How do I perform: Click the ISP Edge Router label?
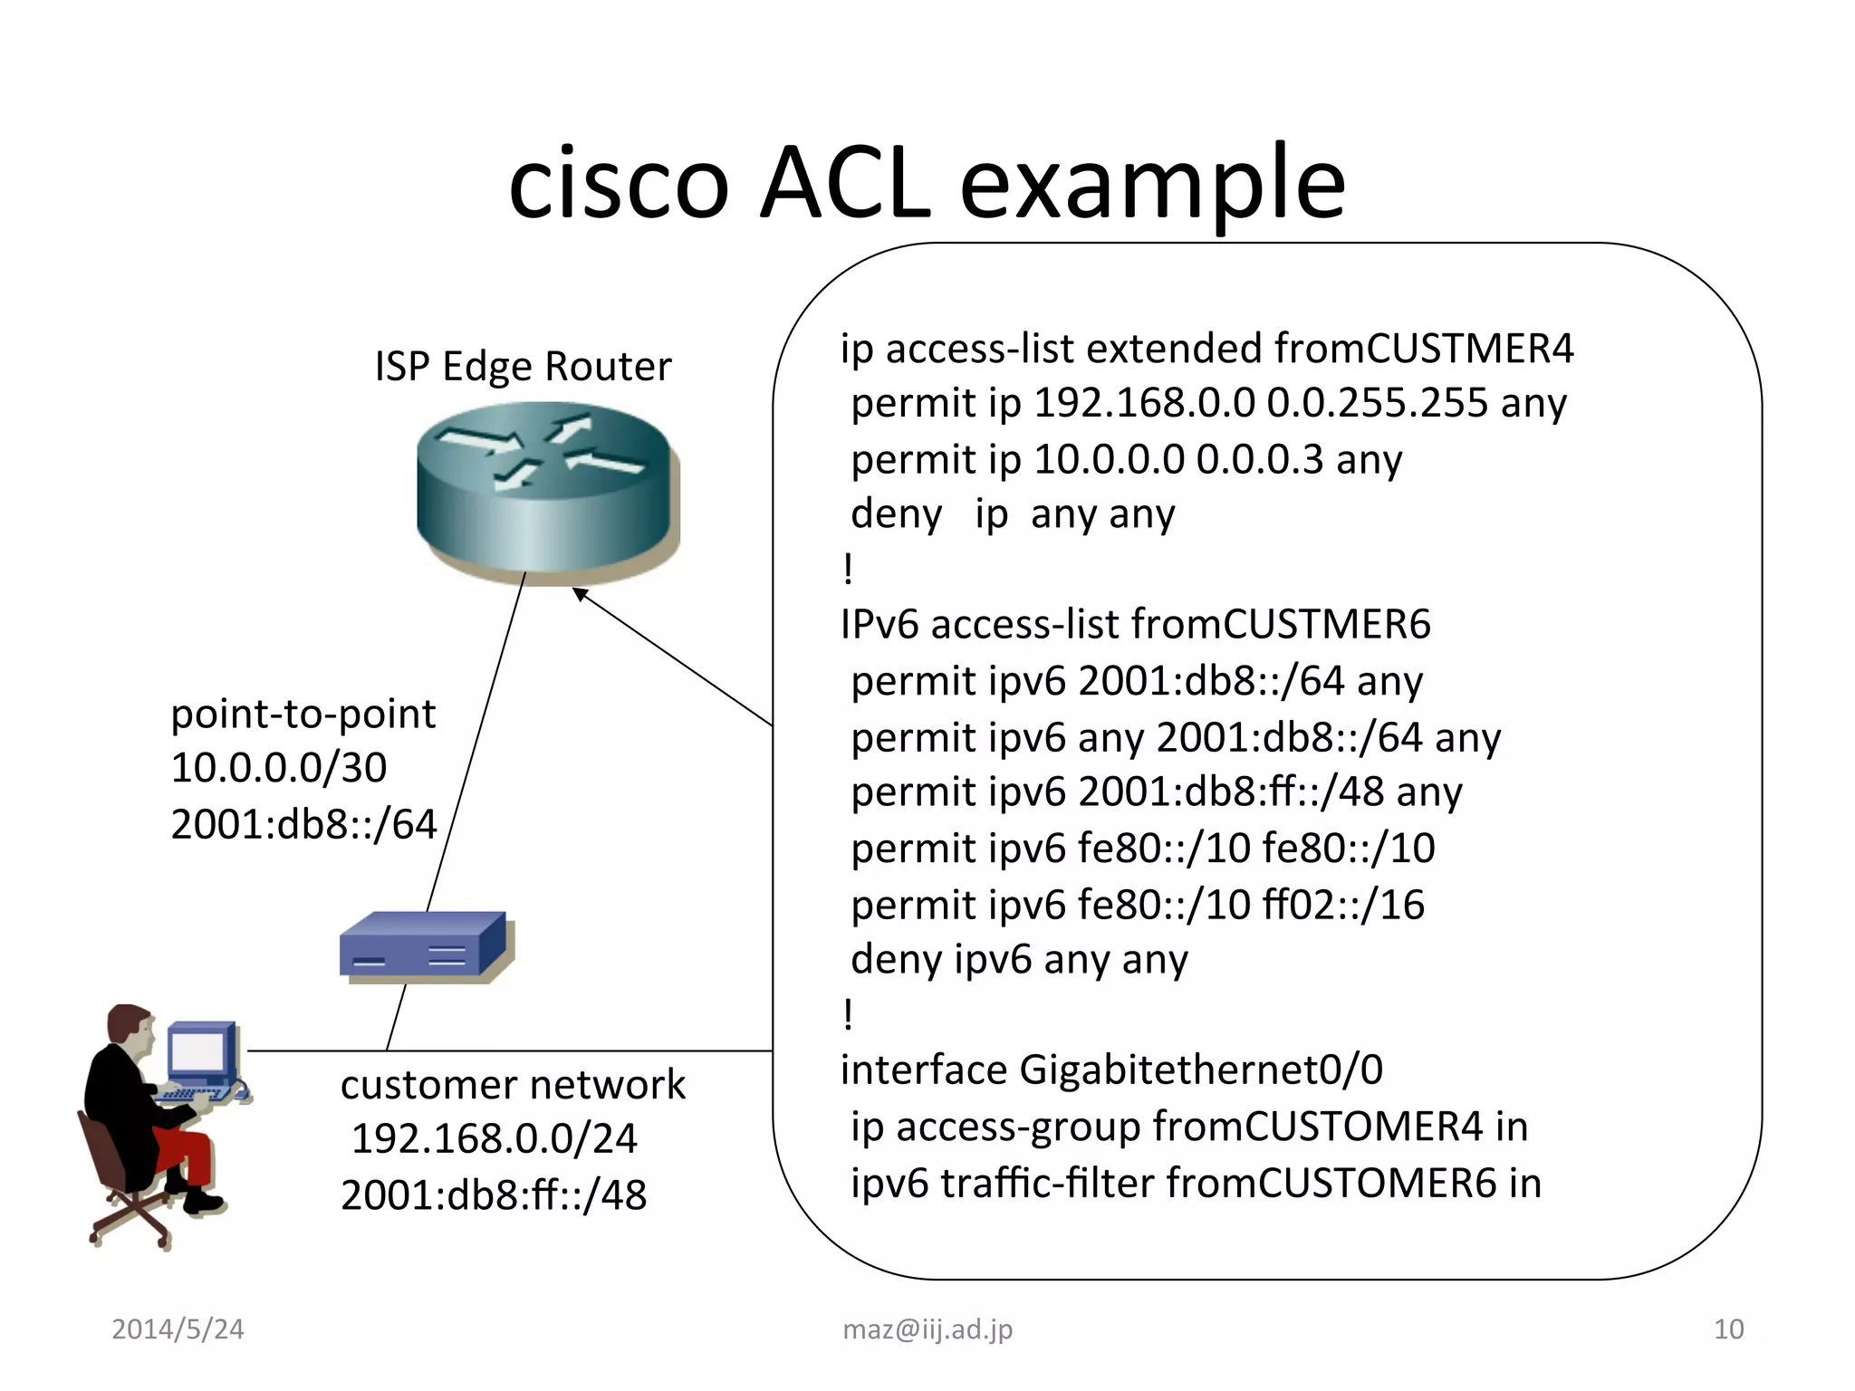523,367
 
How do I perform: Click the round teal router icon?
547,489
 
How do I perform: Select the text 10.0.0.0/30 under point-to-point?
279,768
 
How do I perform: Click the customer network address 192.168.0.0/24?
494,1139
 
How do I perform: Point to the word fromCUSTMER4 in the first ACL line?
1423,349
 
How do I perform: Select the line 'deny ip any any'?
1013,514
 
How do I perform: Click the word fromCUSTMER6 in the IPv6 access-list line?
1281,625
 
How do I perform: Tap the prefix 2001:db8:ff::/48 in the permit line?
1231,792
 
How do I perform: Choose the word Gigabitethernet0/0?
1201,1070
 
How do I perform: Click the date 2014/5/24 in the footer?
178,1329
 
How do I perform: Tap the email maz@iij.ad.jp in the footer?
927,1329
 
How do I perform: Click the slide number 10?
1728,1329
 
